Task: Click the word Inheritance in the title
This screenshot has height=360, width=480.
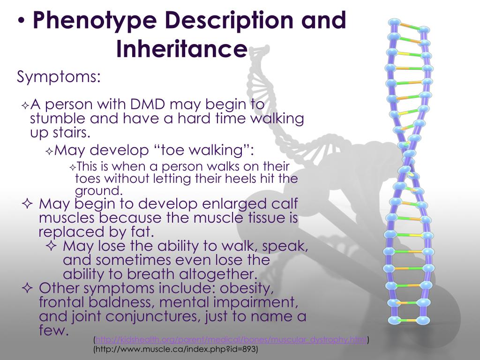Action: (181, 49)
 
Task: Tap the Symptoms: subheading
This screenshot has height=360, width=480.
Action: (59, 77)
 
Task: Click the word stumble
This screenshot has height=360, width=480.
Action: (60, 119)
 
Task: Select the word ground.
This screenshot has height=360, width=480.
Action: (98, 191)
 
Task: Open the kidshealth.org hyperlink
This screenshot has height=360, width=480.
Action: (231, 340)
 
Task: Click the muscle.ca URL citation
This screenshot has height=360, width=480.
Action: (176, 350)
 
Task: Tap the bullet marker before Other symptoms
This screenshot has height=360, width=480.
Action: (27, 287)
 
